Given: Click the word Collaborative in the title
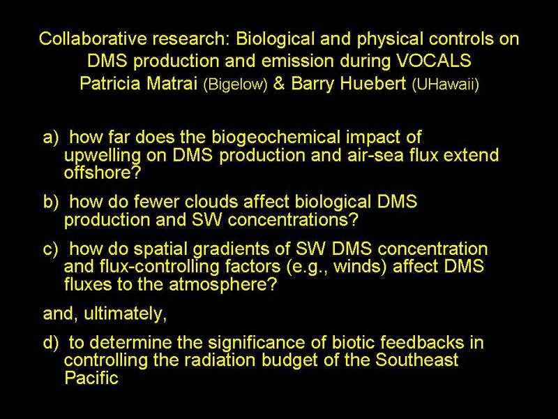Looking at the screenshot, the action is (93, 38).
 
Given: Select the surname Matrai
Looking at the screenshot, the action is (172, 83).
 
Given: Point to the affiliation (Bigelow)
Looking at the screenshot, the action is (235, 84).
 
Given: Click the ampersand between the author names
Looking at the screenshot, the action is (279, 83).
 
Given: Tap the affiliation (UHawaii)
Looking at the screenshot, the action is (445, 84).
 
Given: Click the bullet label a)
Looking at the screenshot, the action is (50, 138).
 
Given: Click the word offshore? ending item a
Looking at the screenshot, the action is (103, 172).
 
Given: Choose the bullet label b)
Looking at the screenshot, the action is (50, 202).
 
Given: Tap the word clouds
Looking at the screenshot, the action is (211, 202).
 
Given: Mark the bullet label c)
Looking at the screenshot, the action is (50, 249).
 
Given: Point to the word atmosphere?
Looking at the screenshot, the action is (223, 285).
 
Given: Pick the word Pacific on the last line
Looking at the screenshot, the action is (91, 378).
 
